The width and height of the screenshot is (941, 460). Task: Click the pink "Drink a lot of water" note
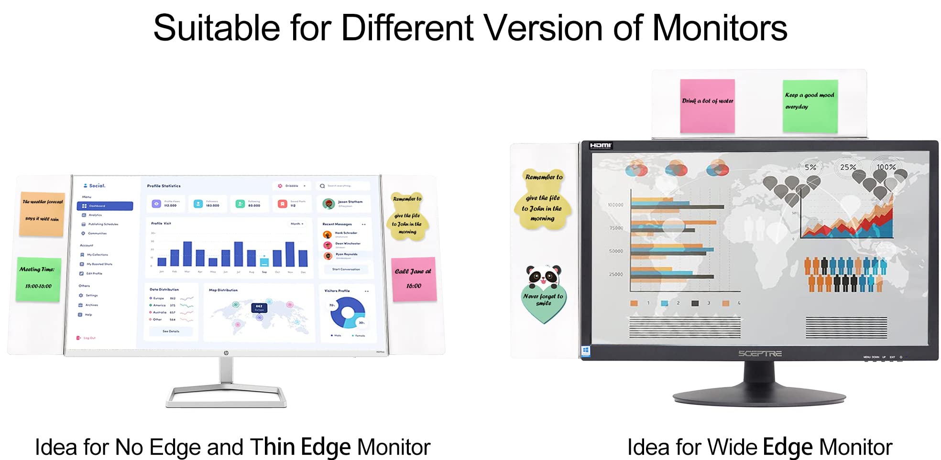coord(707,106)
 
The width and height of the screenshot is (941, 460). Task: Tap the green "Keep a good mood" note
coord(810,106)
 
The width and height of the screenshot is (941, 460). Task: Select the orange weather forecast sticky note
coord(42,214)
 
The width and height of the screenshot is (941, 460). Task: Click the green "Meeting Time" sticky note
coord(38,279)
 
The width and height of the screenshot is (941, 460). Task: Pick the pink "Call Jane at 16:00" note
coord(414,279)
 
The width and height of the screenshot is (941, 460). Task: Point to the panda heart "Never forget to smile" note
coord(543,295)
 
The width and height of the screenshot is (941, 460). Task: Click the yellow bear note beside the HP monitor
coord(407,216)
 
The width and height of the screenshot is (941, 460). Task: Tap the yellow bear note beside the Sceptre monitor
coord(543,199)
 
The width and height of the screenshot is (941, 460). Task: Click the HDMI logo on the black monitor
coord(600,145)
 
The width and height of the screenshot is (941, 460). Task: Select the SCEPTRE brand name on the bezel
coord(760,353)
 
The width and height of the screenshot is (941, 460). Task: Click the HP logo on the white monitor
coord(226,353)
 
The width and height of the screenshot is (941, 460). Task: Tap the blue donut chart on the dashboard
coord(348,312)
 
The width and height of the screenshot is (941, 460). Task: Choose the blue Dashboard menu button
coord(105,206)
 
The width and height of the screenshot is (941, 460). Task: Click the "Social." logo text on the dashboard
coord(95,185)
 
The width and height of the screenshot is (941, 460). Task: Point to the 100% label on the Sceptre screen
coord(886,167)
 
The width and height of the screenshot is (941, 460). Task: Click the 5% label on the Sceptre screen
coord(810,167)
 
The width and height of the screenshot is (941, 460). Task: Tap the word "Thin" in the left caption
coord(272,447)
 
